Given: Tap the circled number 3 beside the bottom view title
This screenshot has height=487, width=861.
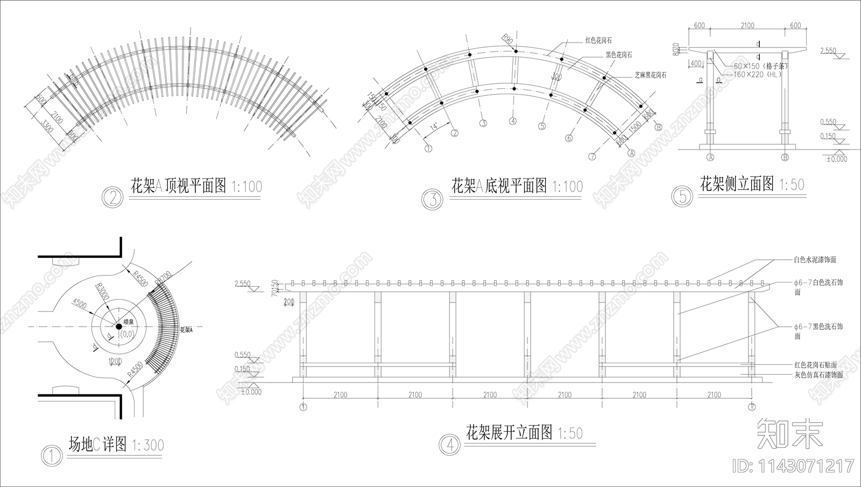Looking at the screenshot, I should pyautogui.click(x=432, y=199).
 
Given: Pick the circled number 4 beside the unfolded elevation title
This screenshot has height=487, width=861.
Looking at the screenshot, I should pyautogui.click(x=449, y=444).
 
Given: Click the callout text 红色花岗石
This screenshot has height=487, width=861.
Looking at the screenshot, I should pyautogui.click(x=598, y=40).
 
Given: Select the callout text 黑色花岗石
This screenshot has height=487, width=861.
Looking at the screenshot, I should pyautogui.click(x=618, y=55).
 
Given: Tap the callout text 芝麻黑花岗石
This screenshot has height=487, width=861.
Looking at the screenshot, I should pyautogui.click(x=650, y=76).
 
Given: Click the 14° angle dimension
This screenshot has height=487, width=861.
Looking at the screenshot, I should pyautogui.click(x=434, y=128).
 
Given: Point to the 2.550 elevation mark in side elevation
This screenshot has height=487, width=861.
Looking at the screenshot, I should pyautogui.click(x=828, y=51).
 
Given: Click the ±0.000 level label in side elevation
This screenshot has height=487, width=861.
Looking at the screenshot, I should pyautogui.click(x=836, y=159).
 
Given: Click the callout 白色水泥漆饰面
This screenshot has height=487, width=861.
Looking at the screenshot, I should pyautogui.click(x=815, y=260).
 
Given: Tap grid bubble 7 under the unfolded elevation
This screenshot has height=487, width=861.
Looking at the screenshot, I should pyautogui.click(x=752, y=407).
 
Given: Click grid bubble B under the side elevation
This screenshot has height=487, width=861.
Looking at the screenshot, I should pyautogui.click(x=785, y=158).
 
